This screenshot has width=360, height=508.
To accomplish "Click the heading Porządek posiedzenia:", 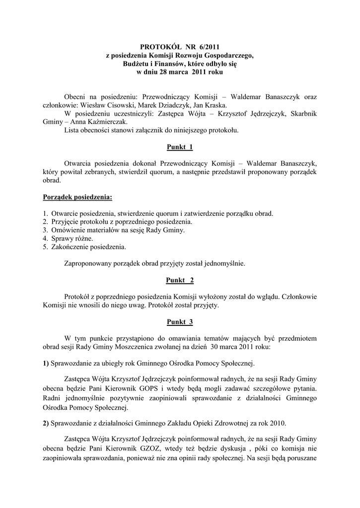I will pyautogui.click(x=77, y=197).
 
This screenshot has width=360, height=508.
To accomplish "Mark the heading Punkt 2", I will pyautogui.click(x=180, y=280).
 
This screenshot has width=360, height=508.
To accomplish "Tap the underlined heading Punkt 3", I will pyautogui.click(x=180, y=322).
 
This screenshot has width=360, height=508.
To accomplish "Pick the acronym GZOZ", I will pyautogui.click(x=147, y=447).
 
